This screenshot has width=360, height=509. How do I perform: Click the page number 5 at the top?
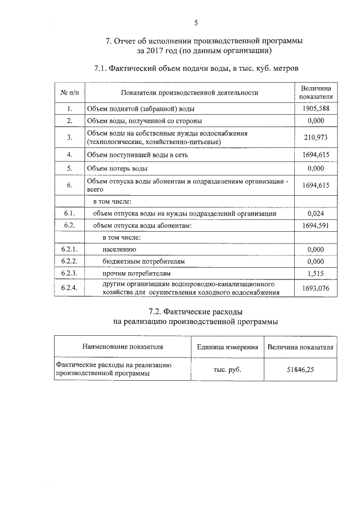click(x=196, y=22)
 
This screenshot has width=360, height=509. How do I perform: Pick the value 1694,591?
click(x=316, y=226)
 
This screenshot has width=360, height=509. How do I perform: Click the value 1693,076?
click(x=316, y=289)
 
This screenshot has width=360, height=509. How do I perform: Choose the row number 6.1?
click(x=69, y=214)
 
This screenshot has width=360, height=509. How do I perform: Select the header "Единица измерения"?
click(x=227, y=347)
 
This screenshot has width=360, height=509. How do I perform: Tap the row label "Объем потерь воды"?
click(x=117, y=168)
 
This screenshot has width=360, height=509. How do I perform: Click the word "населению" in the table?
click(x=120, y=249)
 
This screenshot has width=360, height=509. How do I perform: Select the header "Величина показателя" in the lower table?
click(x=300, y=347)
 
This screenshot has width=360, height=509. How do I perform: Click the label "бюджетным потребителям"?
click(x=143, y=261)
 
